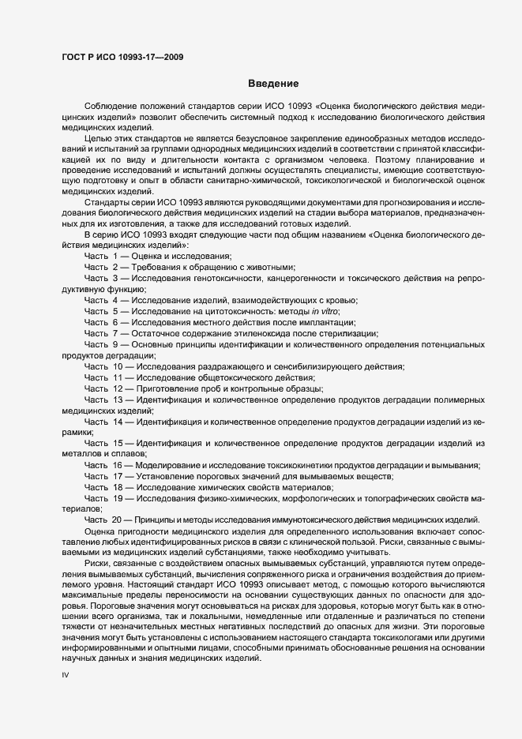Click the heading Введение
(x=272, y=84)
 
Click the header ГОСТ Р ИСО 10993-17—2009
(x=122, y=56)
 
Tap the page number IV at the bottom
(x=66, y=677)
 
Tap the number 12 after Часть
(x=117, y=389)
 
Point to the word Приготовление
(x=172, y=389)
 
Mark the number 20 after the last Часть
(x=117, y=518)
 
